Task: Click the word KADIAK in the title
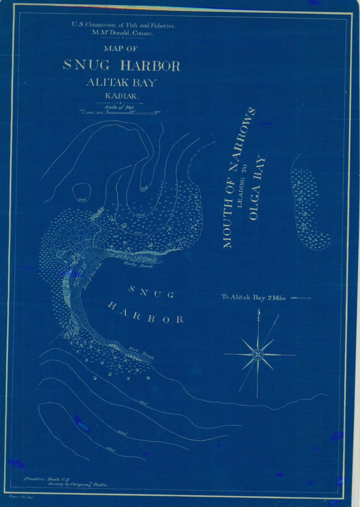122,96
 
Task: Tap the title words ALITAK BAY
121,82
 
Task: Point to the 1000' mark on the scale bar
158,112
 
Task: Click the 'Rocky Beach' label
138,265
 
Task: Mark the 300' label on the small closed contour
82,200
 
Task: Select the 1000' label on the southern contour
122,433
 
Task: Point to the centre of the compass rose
258,354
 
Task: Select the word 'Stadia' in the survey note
100,485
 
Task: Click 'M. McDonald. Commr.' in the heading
122,33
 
